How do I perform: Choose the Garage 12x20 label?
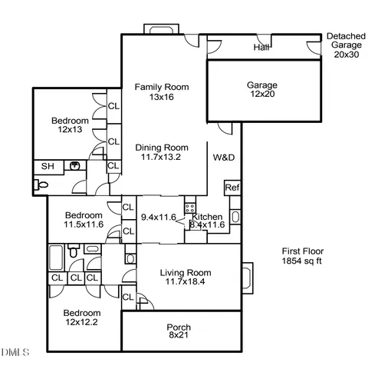(261, 90)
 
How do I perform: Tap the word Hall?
(261, 48)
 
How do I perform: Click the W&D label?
(224, 158)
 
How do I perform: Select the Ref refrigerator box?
(232, 188)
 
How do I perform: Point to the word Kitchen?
(208, 218)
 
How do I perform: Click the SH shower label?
(47, 166)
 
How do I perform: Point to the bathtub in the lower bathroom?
(57, 254)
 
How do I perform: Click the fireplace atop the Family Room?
(160, 31)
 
